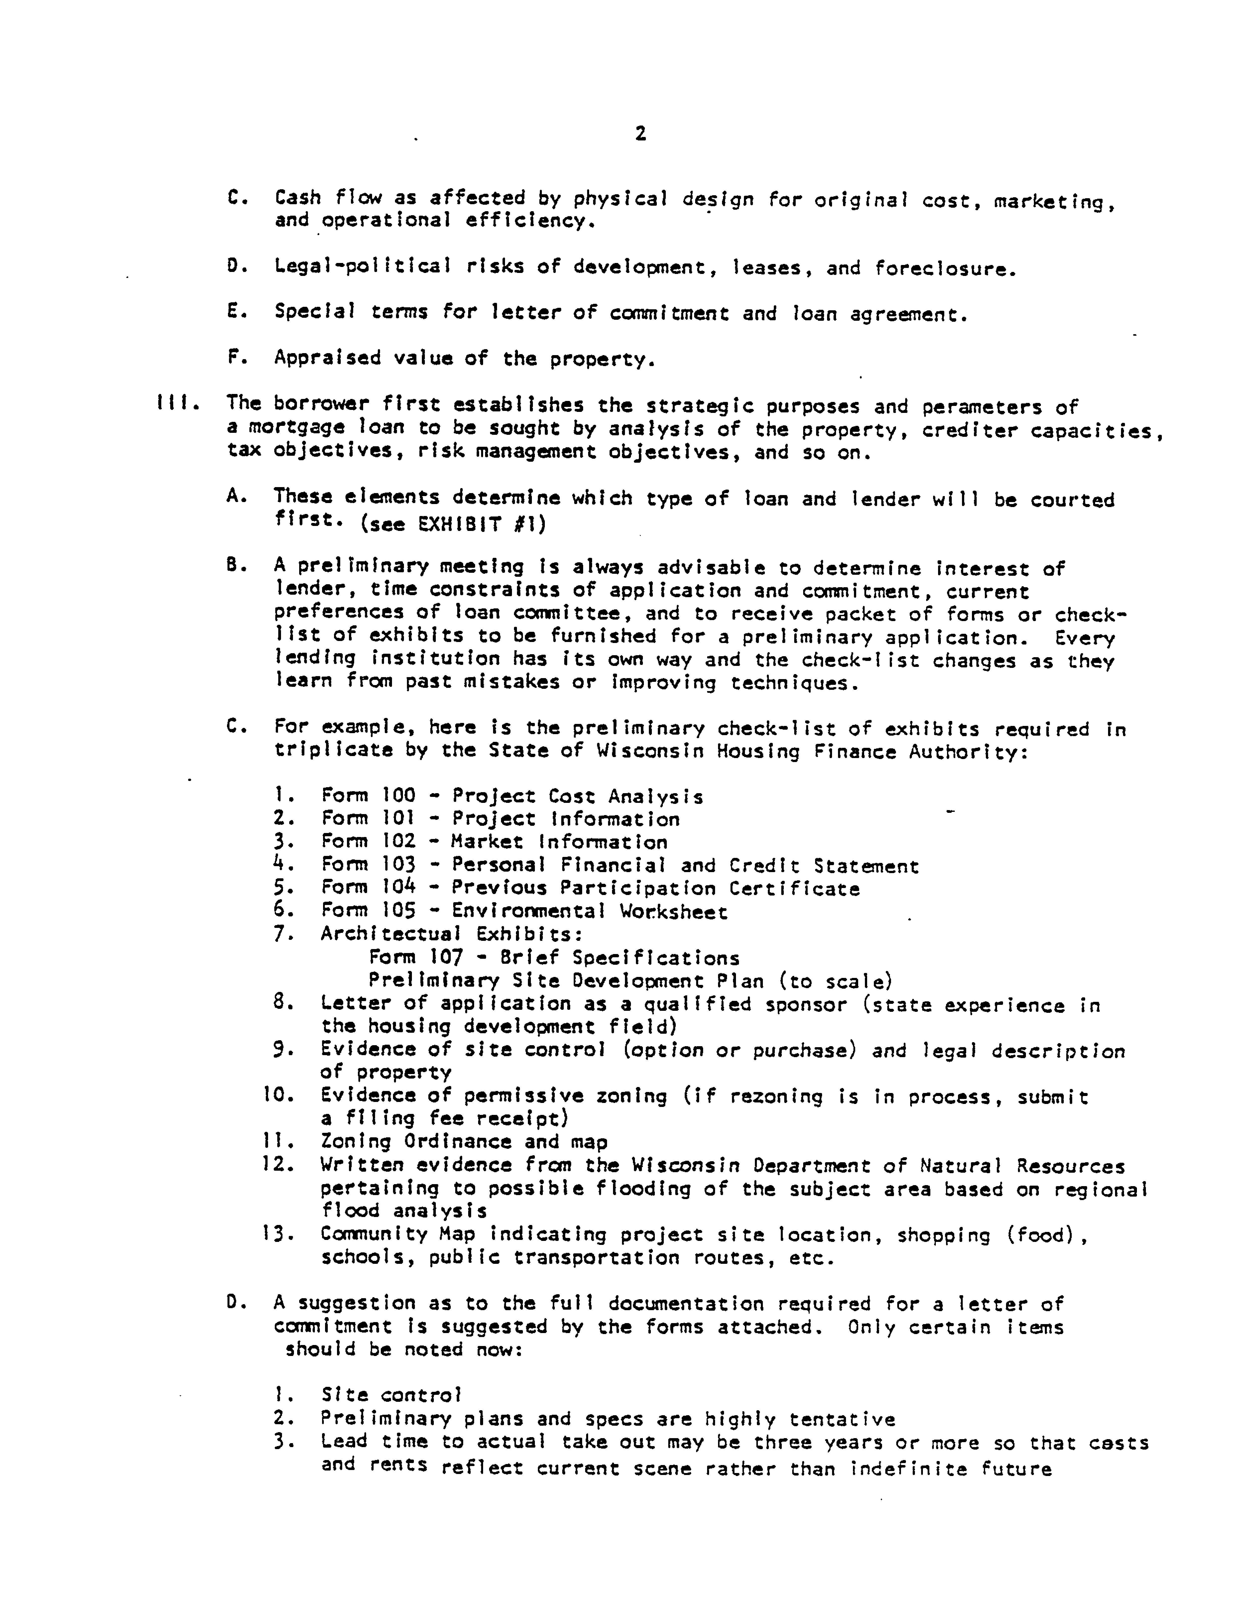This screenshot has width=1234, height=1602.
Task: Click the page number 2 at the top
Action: pos(640,133)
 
